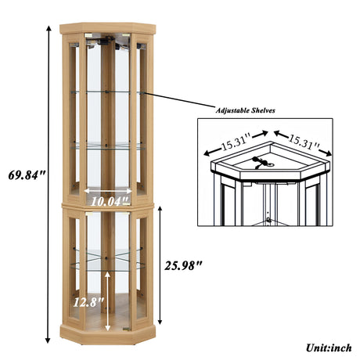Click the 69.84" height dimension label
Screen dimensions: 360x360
[x=27, y=175]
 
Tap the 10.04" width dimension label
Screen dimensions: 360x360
[x=110, y=201]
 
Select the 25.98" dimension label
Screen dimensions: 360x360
[x=183, y=265]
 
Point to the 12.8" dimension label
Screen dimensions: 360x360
[x=88, y=302]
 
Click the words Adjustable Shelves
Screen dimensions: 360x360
[x=245, y=110]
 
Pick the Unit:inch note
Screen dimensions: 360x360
[x=329, y=347]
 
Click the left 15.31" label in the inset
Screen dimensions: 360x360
[x=236, y=142]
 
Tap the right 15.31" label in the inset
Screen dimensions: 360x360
[x=304, y=142]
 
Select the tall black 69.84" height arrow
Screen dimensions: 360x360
[x=48, y=185]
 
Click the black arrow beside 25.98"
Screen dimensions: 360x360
[x=160, y=265]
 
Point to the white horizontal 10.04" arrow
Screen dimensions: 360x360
[x=108, y=191]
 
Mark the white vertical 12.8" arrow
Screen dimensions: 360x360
[x=107, y=301]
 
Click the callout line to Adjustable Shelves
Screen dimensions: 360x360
[x=178, y=99]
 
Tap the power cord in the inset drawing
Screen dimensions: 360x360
[x=261, y=162]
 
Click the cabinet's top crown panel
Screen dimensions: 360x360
[x=108, y=28]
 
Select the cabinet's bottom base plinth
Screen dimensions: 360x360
[x=108, y=335]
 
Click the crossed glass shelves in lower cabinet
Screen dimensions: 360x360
[x=108, y=259]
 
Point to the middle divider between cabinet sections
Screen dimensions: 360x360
[x=108, y=206]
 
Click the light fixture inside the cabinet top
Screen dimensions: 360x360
[x=108, y=41]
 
